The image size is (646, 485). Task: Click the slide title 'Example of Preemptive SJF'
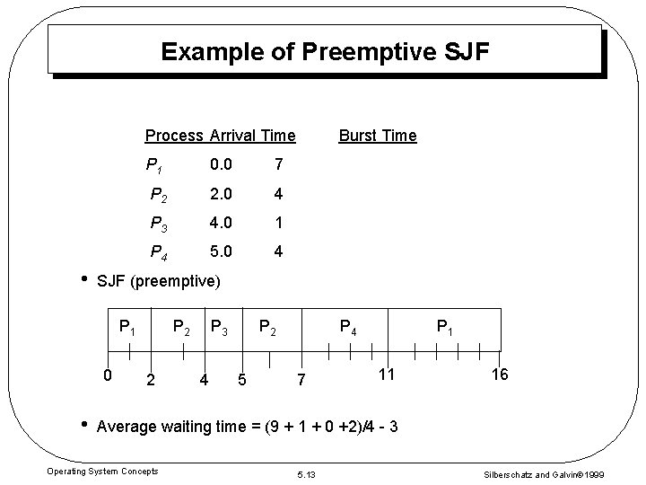[325, 52]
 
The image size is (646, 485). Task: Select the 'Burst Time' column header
[377, 136]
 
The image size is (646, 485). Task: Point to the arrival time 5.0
[221, 252]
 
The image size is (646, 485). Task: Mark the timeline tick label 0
[107, 374]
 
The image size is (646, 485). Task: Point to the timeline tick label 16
[500, 374]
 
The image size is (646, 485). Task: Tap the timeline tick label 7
[302, 381]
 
